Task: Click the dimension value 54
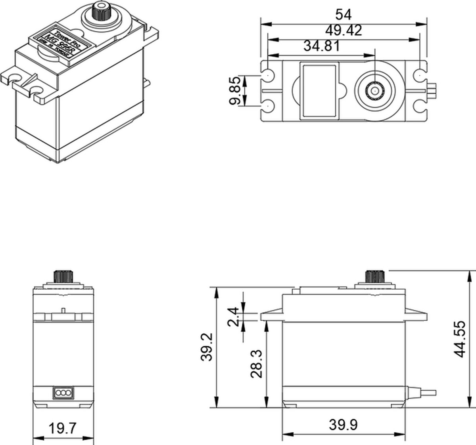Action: (x=343, y=14)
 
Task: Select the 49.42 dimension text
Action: (x=343, y=31)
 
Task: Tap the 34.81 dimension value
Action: (x=322, y=46)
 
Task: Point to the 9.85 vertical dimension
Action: (x=235, y=91)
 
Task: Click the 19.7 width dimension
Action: (x=62, y=428)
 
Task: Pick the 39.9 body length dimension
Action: (x=343, y=425)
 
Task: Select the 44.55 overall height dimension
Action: (x=460, y=339)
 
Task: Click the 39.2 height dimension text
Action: (x=206, y=347)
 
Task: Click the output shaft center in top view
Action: (x=374, y=91)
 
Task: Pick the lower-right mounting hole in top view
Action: (x=419, y=107)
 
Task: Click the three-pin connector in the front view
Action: (x=63, y=393)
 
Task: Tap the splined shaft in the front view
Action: (x=63, y=276)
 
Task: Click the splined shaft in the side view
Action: (x=374, y=277)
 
